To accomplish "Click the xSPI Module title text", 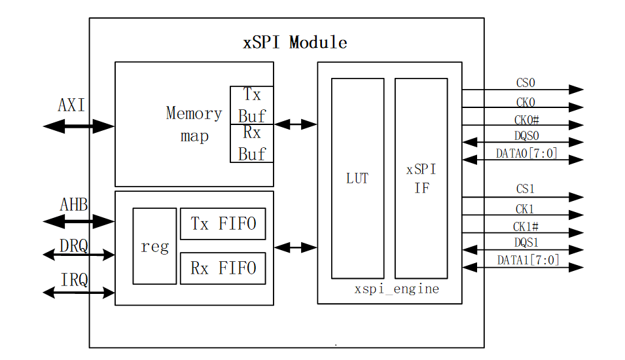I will click(295, 43).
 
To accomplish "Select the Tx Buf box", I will click(251, 105).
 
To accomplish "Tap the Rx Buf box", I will click(251, 143).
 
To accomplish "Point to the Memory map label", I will click(194, 124).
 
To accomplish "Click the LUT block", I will click(357, 178).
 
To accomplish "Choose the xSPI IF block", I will click(421, 178).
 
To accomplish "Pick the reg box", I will click(154, 246).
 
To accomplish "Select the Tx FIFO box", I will click(223, 225).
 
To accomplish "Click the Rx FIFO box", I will click(223, 268).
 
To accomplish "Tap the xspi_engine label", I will click(397, 289).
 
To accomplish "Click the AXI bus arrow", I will click(79, 126).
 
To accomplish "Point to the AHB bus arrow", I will click(79, 223).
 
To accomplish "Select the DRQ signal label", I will click(75, 245).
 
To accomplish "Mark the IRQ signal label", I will click(75, 280).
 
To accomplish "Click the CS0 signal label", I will click(526, 83).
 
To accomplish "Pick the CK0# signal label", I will click(526, 119).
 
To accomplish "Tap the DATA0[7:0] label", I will click(527, 154).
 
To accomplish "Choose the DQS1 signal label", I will click(526, 243).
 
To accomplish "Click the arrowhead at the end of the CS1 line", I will click(576, 197).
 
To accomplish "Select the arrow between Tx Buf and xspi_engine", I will click(295, 124).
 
